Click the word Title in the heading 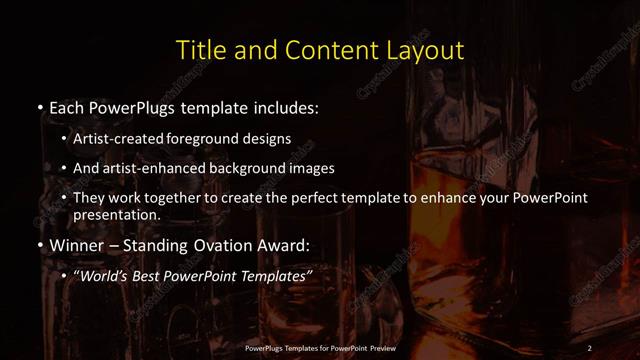pyautogui.click(x=197, y=50)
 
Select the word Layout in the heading pyautogui.click(x=420, y=50)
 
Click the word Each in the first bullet pyautogui.click(x=66, y=106)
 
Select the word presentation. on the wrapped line pyautogui.click(x=116, y=214)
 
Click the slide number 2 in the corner pyautogui.click(x=590, y=347)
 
